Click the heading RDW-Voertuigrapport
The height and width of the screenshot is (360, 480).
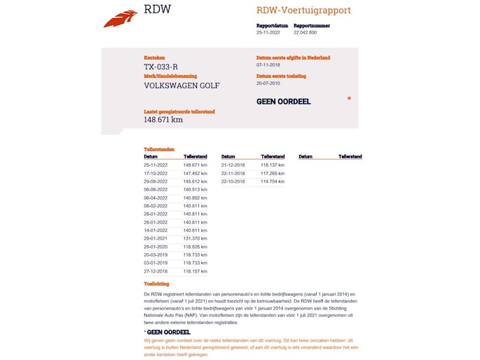[x=303, y=11]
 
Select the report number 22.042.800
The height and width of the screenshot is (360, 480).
[x=305, y=32]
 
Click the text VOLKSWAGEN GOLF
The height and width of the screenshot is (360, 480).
[x=181, y=85]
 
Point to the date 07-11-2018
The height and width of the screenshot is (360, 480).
[x=268, y=65]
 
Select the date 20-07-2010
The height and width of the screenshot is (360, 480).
[x=268, y=83]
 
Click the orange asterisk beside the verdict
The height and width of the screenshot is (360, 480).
[x=349, y=100]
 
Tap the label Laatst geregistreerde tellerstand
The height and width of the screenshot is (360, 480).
[x=179, y=111]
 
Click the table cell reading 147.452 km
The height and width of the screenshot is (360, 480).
[x=196, y=173]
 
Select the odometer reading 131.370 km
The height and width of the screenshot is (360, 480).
[x=196, y=238]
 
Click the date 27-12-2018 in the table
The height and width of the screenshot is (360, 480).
[x=156, y=271]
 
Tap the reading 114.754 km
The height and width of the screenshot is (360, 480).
[x=273, y=181]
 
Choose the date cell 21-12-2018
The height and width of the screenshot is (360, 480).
[x=233, y=165]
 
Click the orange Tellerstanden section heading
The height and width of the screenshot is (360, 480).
[x=159, y=149]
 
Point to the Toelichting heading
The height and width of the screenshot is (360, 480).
[x=156, y=284]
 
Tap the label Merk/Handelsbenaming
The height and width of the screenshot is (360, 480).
[x=170, y=76]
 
